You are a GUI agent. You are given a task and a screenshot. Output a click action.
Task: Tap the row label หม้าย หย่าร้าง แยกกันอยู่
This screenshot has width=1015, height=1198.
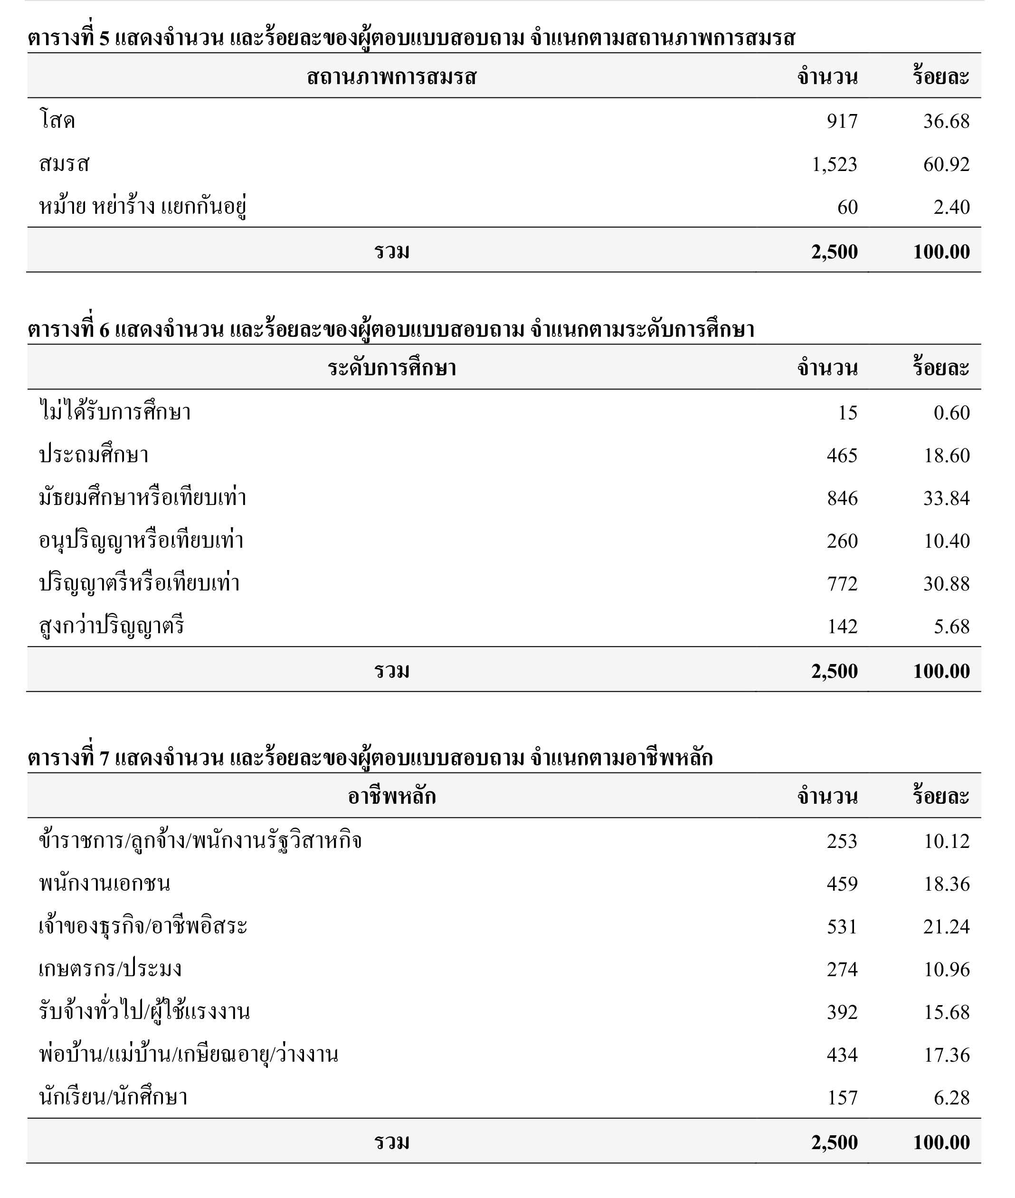(x=142, y=207)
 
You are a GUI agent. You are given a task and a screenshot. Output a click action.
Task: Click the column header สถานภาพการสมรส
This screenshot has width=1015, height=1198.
(x=391, y=76)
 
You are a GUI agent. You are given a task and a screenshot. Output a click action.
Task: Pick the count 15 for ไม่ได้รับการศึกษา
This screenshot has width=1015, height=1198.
(x=847, y=413)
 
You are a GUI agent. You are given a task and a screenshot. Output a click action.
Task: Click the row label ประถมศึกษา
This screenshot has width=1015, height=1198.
(x=94, y=455)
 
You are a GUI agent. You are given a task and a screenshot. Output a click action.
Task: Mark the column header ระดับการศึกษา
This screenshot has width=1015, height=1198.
(x=391, y=368)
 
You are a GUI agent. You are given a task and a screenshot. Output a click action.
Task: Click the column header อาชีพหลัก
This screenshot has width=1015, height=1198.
(x=391, y=796)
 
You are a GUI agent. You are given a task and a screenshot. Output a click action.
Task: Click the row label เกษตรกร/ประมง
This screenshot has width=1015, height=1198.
(x=110, y=970)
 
